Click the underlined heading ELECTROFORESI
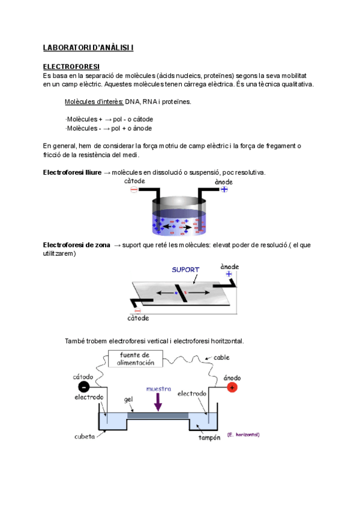point(71,66)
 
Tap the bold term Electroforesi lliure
point(72,173)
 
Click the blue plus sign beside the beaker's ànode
point(224,189)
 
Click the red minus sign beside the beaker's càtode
point(134,189)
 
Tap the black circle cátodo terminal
point(84,387)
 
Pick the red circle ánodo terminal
point(232,387)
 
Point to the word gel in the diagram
point(128,399)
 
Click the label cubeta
point(84,436)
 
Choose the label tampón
point(211,438)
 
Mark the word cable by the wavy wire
point(221,357)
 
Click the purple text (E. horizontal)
point(244,434)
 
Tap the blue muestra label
point(159,388)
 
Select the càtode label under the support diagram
point(138,318)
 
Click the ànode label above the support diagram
point(230,266)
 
